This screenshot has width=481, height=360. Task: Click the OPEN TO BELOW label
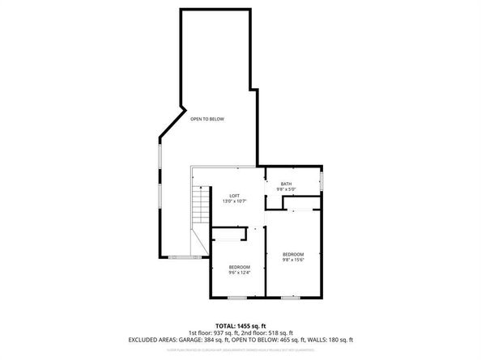click(x=207, y=119)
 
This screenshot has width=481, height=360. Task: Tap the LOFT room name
click(x=234, y=196)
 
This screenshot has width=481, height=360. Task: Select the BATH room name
click(x=286, y=184)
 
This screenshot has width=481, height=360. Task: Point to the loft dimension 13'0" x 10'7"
click(x=234, y=201)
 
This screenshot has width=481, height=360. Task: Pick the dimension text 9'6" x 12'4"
click(x=239, y=273)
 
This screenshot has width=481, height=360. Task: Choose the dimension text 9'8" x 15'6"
click(x=292, y=260)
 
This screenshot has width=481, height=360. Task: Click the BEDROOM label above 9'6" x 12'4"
click(x=239, y=267)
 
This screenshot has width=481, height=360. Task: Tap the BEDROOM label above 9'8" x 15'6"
click(x=292, y=253)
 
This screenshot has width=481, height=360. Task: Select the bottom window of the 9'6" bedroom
click(x=236, y=299)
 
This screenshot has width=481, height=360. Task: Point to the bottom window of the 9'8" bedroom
click(x=289, y=299)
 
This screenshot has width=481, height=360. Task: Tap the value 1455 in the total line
click(x=242, y=324)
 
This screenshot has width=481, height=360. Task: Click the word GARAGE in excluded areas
click(x=189, y=340)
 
